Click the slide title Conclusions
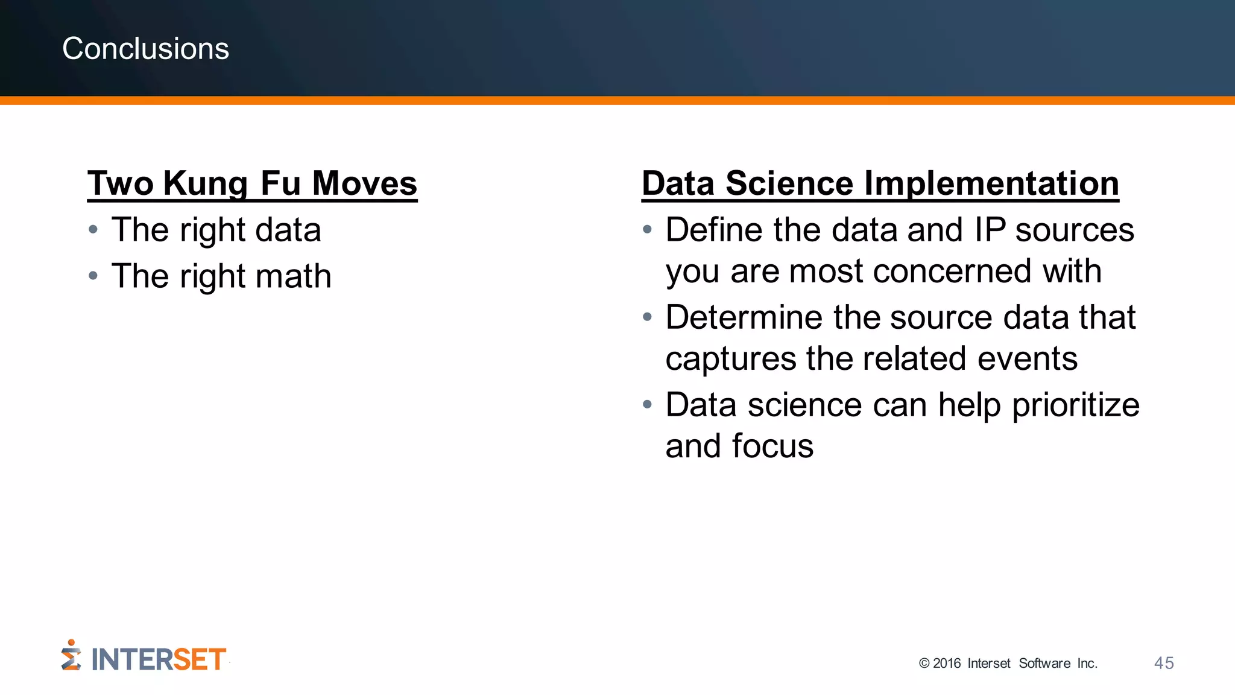[x=145, y=48]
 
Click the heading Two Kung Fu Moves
[x=252, y=183]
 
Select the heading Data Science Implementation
[x=880, y=183]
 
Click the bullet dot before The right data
[x=93, y=230]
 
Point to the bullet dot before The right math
[x=93, y=276]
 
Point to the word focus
[x=772, y=446]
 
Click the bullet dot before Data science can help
[x=647, y=405]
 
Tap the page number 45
[x=1163, y=663]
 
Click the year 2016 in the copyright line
[x=946, y=664]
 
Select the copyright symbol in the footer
[x=924, y=664]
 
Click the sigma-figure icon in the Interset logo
[x=71, y=656]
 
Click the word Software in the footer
[x=1044, y=664]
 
